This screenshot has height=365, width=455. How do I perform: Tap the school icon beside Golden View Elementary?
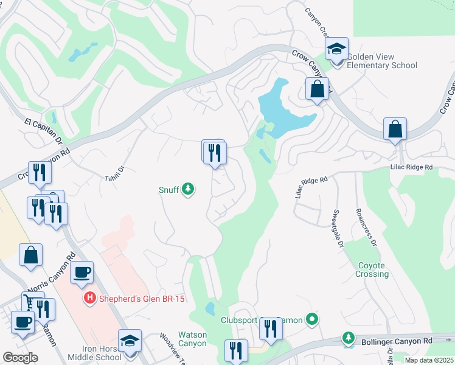[x=336, y=49]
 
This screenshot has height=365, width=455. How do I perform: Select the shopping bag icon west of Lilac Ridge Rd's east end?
[x=395, y=129]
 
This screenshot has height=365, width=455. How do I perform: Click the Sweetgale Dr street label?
[x=338, y=229]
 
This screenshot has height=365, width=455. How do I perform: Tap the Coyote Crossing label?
[x=372, y=269]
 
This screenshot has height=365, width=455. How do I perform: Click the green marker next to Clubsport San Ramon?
[x=312, y=319]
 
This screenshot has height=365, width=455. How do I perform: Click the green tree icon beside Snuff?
[x=188, y=190]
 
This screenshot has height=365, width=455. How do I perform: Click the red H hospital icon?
[x=89, y=299]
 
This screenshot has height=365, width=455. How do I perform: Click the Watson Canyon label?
[x=192, y=339]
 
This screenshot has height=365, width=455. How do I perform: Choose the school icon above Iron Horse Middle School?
[x=130, y=341]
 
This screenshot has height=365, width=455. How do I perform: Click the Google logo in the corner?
[x=20, y=358]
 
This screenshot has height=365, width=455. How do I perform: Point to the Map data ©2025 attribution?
[x=428, y=360]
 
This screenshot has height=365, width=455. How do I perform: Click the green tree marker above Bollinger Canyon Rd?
[x=348, y=337]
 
